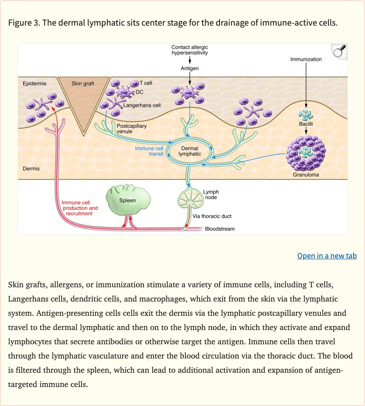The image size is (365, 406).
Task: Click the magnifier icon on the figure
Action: coord(339,51)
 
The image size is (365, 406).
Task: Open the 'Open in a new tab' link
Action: coord(327,256)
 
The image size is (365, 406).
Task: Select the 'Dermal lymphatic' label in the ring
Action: coord(190,151)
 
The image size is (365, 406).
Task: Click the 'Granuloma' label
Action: coord(306,175)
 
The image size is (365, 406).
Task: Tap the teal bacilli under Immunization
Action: coord(306,115)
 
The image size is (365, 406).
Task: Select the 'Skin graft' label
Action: coord(83,84)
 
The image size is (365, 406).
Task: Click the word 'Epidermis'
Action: coord(35,84)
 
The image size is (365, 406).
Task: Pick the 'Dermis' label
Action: coord(31,169)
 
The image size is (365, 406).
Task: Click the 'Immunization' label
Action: coord(306,59)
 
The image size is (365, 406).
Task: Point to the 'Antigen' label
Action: coord(190,68)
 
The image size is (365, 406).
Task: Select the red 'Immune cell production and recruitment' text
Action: coord(79,208)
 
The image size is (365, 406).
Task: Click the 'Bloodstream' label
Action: coord(220,229)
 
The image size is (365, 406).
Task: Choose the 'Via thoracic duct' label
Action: coord(212,216)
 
